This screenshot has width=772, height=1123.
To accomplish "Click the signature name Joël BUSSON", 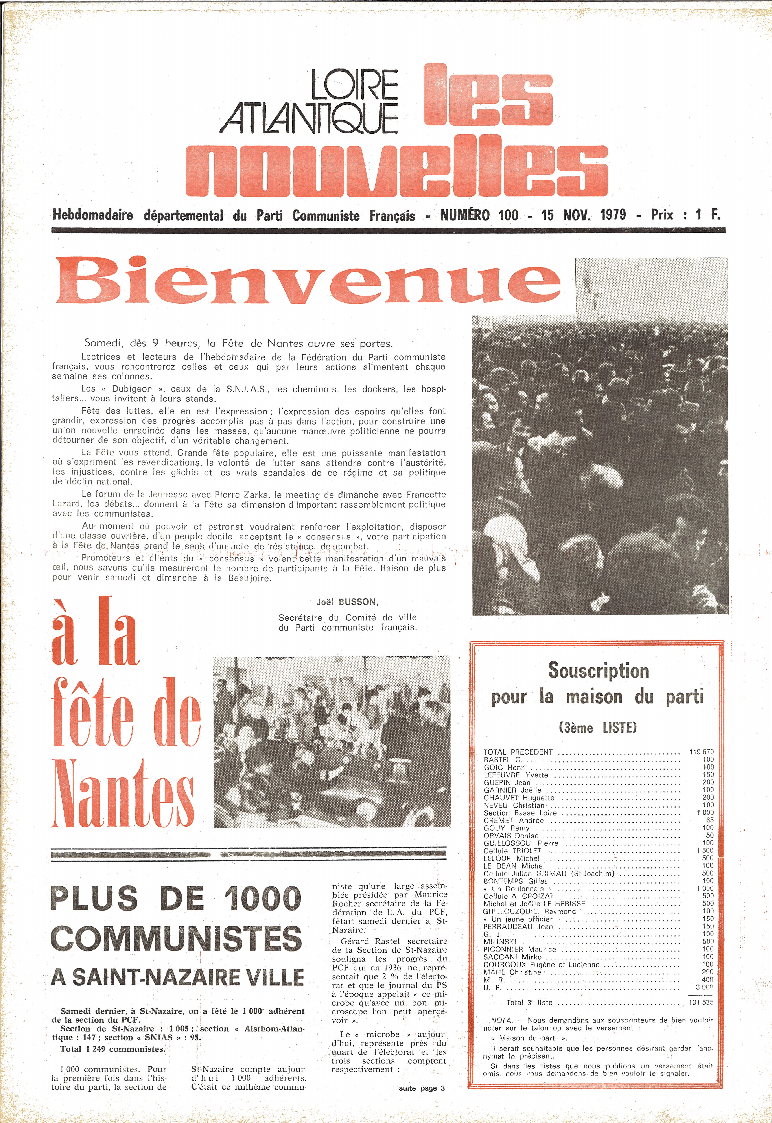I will (x=347, y=602).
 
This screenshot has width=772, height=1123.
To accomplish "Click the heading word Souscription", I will (x=598, y=671).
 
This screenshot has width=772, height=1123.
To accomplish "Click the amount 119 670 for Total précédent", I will (x=701, y=752).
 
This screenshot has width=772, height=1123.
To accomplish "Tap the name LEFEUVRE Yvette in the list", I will (x=516, y=775).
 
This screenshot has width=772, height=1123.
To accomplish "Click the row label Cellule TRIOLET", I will (x=512, y=851).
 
